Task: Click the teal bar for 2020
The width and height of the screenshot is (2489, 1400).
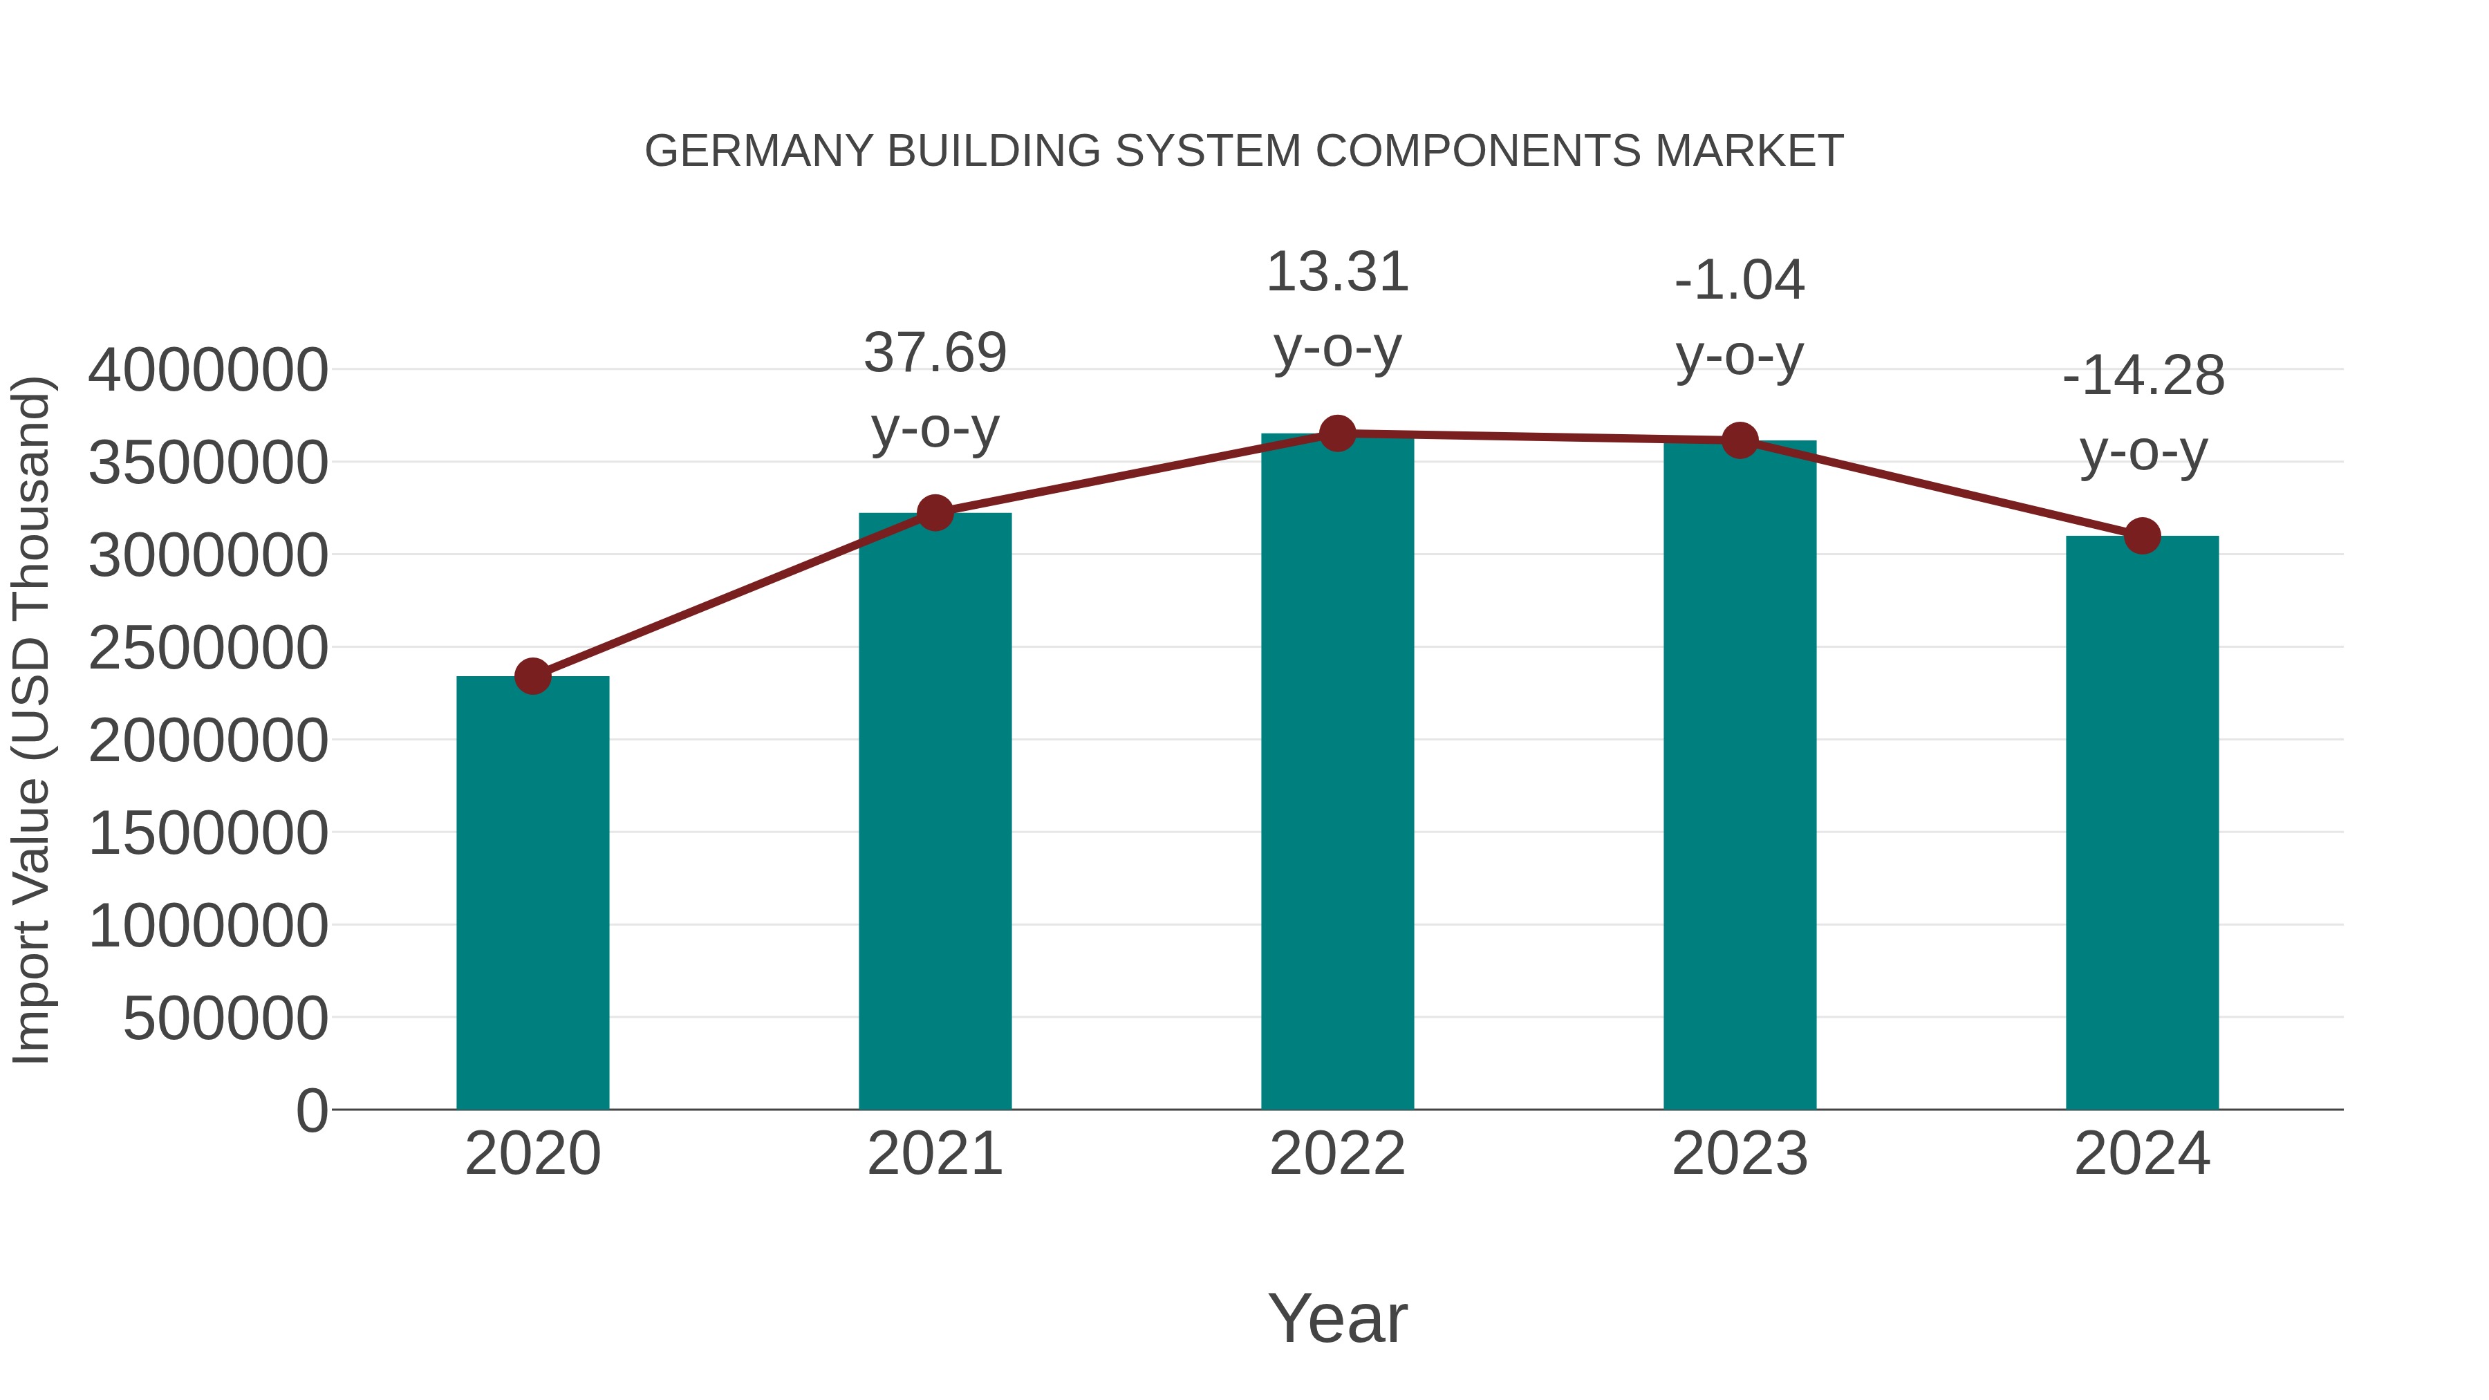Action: pos(532,894)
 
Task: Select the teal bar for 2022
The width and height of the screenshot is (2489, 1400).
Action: pos(1337,773)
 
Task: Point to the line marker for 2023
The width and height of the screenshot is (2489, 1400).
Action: pos(1740,440)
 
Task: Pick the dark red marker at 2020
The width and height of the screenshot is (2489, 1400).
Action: pos(532,676)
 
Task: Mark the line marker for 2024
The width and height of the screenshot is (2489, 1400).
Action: pos(2142,535)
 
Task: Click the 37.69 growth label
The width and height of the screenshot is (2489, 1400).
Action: pos(934,353)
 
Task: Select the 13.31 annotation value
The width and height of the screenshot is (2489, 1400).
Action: pos(1337,272)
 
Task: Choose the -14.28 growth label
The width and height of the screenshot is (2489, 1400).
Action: pos(2142,376)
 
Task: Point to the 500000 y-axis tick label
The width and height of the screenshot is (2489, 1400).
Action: pos(225,1018)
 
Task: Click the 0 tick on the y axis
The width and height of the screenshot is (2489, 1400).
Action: pos(311,1111)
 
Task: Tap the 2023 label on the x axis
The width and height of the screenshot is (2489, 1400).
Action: pos(1740,1154)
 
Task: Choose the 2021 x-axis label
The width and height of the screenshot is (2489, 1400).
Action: pos(934,1154)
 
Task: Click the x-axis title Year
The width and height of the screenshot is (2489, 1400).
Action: pos(1337,1318)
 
